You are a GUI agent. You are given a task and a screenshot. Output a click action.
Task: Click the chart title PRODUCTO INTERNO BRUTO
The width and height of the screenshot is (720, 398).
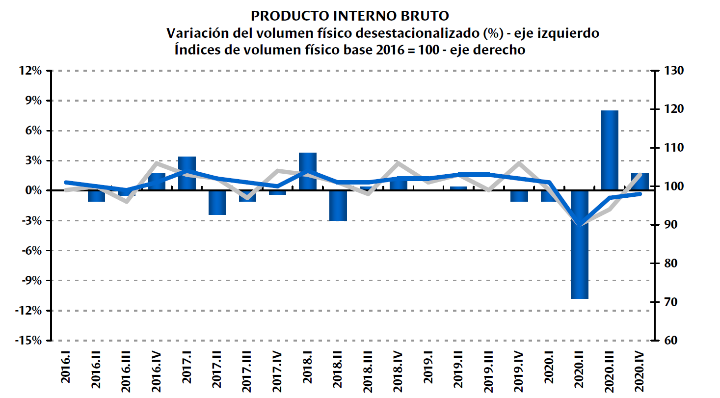[349, 16]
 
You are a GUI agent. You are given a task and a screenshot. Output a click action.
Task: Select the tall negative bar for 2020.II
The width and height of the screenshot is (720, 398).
[580, 245]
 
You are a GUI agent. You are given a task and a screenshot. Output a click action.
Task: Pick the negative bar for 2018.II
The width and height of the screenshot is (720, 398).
[338, 206]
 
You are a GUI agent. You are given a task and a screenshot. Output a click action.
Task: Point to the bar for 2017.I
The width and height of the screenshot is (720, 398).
[187, 173]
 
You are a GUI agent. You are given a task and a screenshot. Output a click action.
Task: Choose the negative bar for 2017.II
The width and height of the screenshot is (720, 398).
[217, 203]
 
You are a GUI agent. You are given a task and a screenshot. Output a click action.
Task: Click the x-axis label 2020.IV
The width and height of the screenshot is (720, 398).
[640, 370]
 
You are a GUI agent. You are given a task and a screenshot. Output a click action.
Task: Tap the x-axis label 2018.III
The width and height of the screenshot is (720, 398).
[368, 369]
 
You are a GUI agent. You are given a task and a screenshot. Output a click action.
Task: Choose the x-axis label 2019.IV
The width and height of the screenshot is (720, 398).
[519, 370]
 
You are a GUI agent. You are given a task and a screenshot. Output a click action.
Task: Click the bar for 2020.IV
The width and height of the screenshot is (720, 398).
[640, 182]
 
